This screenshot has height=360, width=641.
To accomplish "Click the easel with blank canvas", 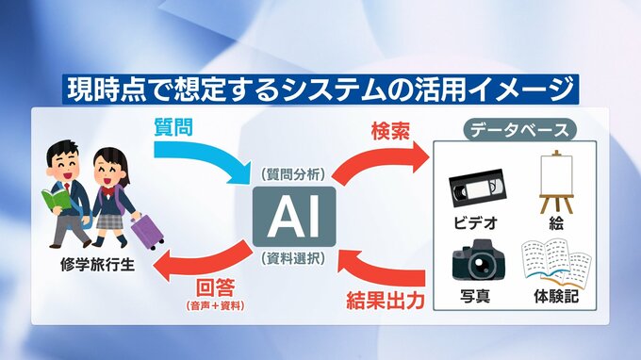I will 555,183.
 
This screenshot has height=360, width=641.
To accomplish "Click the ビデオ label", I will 477,224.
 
